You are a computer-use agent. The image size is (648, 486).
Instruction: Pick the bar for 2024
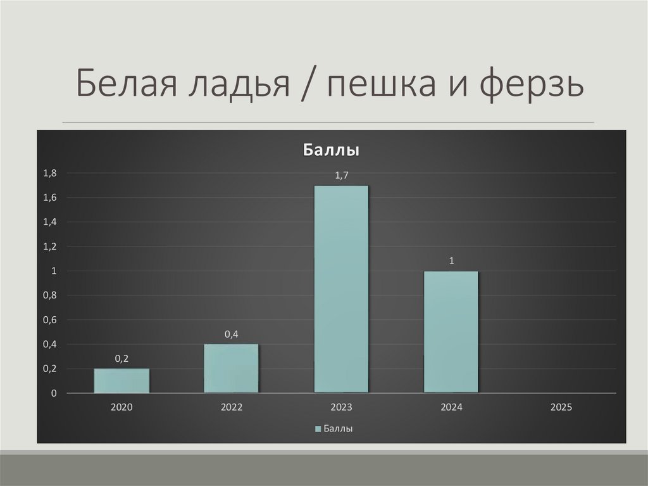pyautogui.click(x=451, y=332)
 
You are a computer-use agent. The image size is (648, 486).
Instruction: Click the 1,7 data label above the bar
pyautogui.click(x=341, y=176)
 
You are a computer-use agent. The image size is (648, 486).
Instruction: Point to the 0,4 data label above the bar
pyautogui.click(x=231, y=334)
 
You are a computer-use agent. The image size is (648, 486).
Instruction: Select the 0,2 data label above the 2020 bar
pyautogui.click(x=121, y=359)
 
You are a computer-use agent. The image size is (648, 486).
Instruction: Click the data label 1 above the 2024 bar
pyautogui.click(x=452, y=261)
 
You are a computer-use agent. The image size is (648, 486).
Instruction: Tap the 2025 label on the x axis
pyautogui.click(x=561, y=407)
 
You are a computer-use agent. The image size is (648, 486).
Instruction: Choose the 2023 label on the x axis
pyautogui.click(x=341, y=407)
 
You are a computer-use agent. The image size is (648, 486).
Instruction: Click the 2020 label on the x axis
pyautogui.click(x=121, y=407)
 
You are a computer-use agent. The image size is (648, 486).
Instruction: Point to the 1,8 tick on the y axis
pyautogui.click(x=50, y=173)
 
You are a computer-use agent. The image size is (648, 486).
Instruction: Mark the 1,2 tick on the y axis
pyautogui.click(x=50, y=246)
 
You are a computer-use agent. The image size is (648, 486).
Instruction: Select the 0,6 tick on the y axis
pyautogui.click(x=50, y=320)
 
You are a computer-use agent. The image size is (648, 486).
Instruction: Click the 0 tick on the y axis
pyautogui.click(x=54, y=393)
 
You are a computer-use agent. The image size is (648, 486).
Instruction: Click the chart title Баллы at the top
pyautogui.click(x=332, y=151)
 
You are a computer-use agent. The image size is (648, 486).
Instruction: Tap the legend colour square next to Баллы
pyautogui.click(x=318, y=429)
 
